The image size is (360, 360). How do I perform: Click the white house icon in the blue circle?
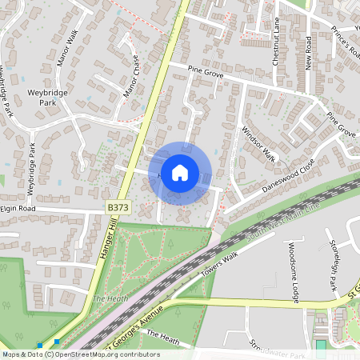point(180,172)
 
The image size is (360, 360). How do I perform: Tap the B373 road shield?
point(117,208)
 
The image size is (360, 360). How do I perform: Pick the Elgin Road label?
point(19,208)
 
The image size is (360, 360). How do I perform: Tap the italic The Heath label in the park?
point(106,298)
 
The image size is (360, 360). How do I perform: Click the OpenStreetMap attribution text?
point(80,354)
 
